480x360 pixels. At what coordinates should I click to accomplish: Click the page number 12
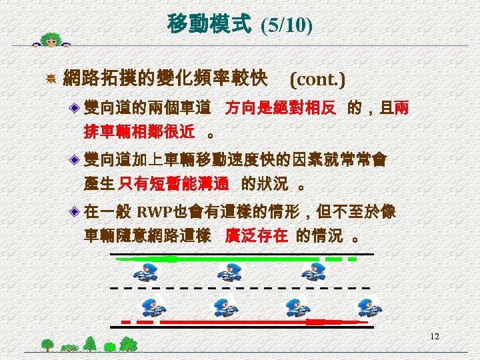coord(435,337)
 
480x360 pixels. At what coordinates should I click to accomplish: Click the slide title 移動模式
coord(209,25)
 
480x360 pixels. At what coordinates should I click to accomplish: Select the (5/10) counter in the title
coord(286,25)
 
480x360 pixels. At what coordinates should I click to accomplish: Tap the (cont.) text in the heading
coord(317,80)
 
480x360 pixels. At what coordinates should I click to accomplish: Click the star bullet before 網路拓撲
coord(50,80)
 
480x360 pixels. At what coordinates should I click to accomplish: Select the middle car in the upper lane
coord(229,271)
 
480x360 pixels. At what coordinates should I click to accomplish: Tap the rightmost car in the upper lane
coord(311,271)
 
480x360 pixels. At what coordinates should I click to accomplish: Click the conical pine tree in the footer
coord(90,343)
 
